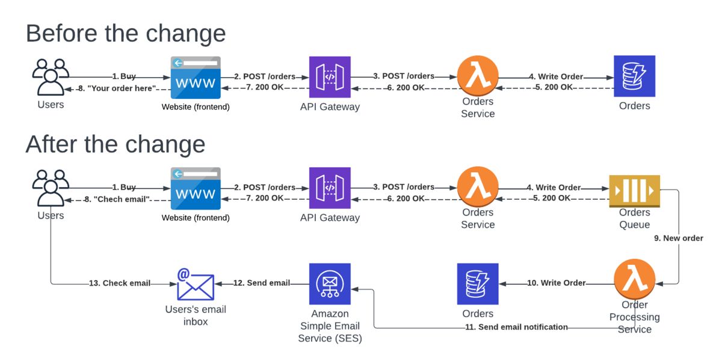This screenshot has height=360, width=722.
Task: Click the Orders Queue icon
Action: point(634,190)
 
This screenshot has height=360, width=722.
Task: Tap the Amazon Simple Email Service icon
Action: point(330,284)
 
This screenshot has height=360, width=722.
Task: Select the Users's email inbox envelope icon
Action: point(196,285)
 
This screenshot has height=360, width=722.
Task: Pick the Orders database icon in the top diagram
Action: point(634,76)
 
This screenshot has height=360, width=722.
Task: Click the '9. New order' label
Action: point(678,238)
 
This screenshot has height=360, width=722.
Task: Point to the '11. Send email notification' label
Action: point(516,327)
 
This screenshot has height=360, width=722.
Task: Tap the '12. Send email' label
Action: point(261,283)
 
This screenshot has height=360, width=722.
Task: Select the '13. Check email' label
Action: point(119,283)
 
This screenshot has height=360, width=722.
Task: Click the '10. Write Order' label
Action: point(556,283)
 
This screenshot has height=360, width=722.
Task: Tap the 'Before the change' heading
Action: point(126,33)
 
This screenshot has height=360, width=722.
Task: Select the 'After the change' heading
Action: point(116,144)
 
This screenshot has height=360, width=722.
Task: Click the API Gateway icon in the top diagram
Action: point(330,76)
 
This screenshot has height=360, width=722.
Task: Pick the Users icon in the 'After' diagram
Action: point(51,188)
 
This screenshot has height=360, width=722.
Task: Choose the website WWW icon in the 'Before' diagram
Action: point(196,77)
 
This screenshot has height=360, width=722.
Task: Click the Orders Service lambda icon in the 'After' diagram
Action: point(478,187)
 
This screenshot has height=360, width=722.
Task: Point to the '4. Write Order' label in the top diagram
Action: point(556,76)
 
